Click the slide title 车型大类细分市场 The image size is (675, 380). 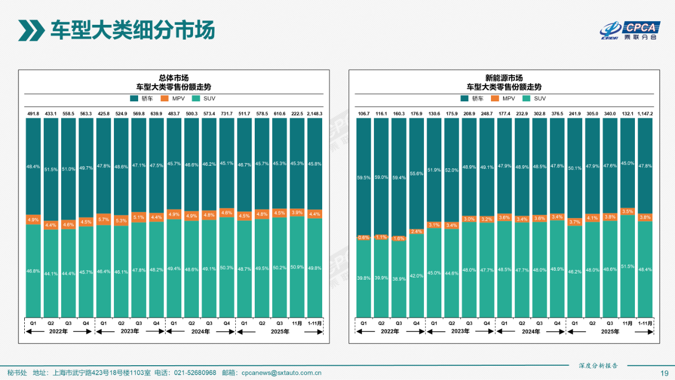pyautogui.click(x=132, y=30)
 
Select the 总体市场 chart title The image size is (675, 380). pyautogui.click(x=173, y=78)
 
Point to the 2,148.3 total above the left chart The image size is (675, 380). pyautogui.click(x=315, y=113)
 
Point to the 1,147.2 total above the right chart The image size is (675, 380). pyautogui.click(x=645, y=113)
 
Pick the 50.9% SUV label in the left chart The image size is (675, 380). pyautogui.click(x=297, y=267)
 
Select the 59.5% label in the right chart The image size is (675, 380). pyautogui.click(x=364, y=178)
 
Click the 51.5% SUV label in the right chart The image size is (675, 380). pyautogui.click(x=628, y=267)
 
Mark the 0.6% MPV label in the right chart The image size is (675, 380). pyautogui.click(x=364, y=237)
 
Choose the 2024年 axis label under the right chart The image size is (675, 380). pyautogui.click(x=531, y=331)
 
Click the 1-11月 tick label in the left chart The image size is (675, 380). pyautogui.click(x=315, y=322)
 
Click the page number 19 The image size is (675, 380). pyautogui.click(x=664, y=373)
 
